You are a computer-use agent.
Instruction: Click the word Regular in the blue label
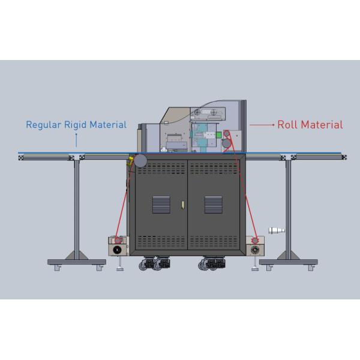click(43, 125)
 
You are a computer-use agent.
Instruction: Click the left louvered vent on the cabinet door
click(161, 205)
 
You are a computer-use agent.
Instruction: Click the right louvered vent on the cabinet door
click(213, 205)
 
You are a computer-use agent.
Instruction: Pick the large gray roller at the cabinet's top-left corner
click(142, 161)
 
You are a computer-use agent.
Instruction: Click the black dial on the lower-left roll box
click(117, 248)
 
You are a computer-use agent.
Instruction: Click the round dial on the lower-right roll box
click(256, 248)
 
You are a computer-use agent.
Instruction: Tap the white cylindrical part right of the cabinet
click(277, 231)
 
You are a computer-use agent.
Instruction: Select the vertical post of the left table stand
click(76, 204)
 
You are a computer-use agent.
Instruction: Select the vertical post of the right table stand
click(289, 204)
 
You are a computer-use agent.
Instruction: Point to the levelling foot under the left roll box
click(121, 265)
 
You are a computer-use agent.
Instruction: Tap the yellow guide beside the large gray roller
click(130, 160)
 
